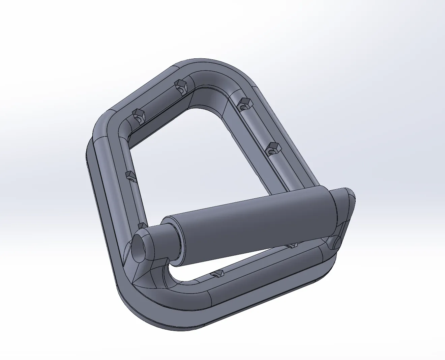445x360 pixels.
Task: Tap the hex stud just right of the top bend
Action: (242, 103)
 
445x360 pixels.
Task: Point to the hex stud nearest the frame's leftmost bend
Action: (138, 114)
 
